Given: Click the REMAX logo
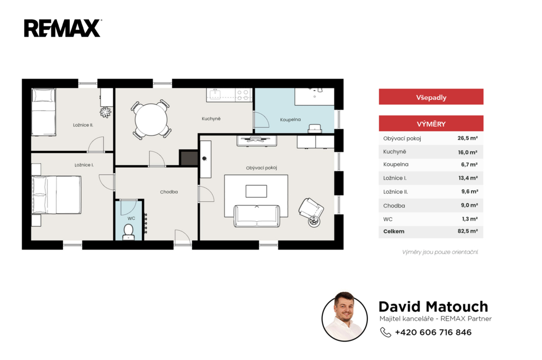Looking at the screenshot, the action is [x=62, y=29].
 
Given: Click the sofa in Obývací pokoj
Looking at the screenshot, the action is [x=257, y=216].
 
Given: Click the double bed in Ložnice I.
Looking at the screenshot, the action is [x=56, y=195].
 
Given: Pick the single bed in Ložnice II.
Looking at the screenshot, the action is [x=43, y=112].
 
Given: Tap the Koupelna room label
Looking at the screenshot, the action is [x=291, y=120].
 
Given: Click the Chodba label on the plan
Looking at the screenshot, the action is [x=169, y=192].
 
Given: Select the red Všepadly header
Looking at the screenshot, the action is [x=431, y=97].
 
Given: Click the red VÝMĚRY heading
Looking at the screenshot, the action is [x=431, y=123].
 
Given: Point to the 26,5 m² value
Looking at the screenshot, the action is [x=468, y=138].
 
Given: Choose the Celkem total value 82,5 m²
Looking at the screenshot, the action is [x=468, y=231].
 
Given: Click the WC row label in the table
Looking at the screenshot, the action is [x=388, y=219].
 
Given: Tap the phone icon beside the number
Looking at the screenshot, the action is [x=385, y=332].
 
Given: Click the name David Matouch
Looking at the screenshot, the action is [x=433, y=307].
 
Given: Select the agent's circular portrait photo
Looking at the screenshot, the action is [x=345, y=317].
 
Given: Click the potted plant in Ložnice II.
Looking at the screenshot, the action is [x=105, y=112].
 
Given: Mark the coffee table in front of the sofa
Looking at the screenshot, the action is [x=256, y=191].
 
